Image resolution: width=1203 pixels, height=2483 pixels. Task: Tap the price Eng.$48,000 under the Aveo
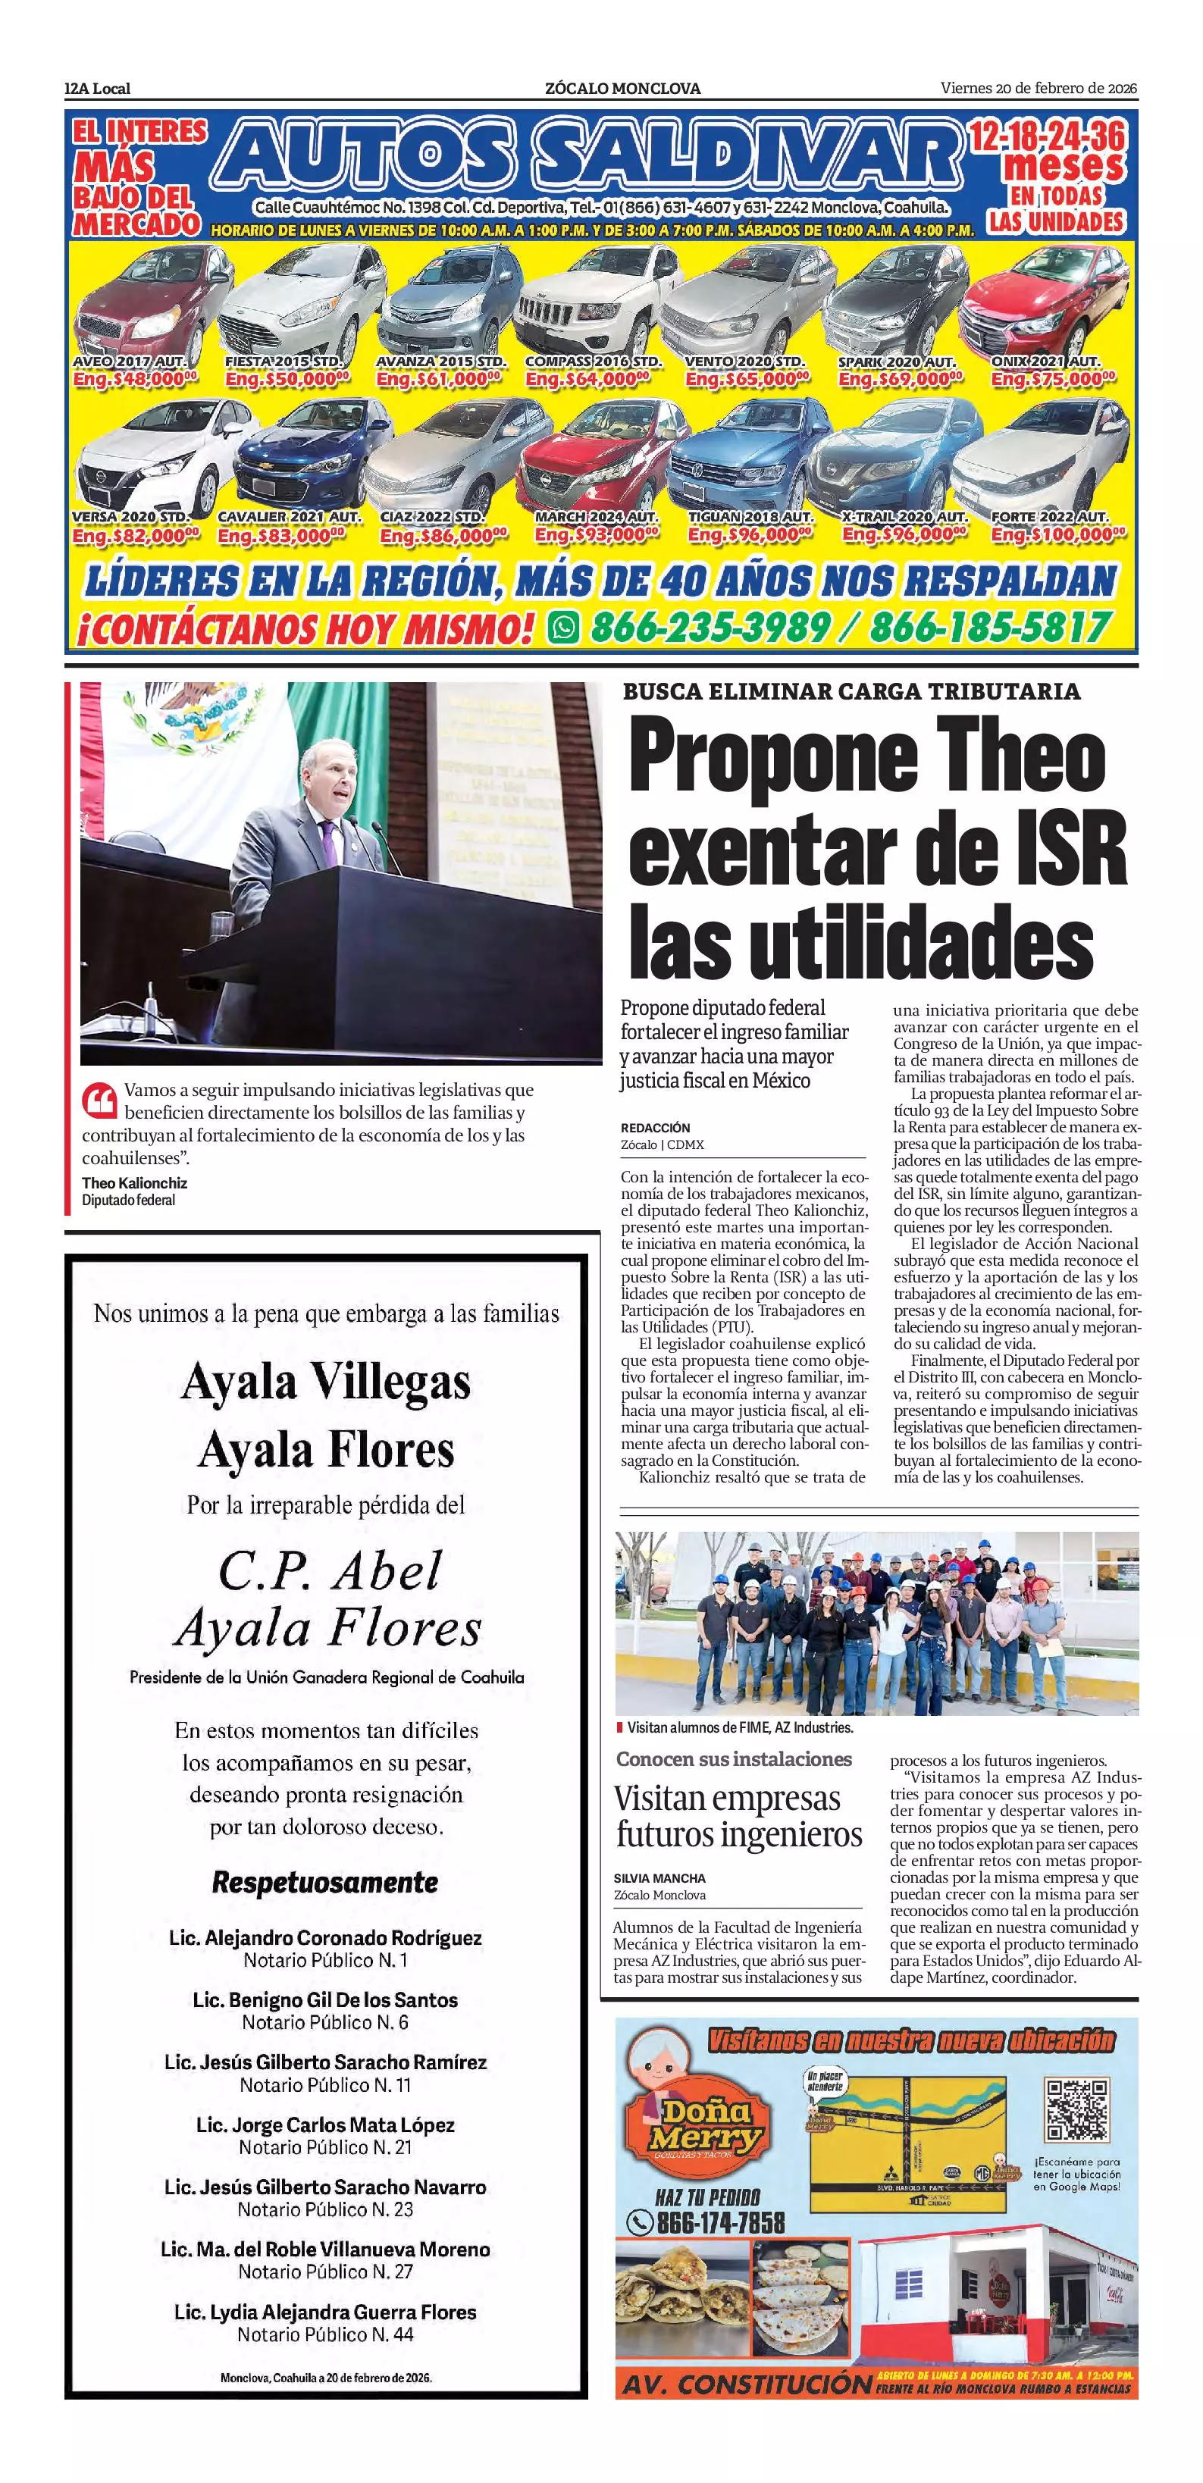coord(135,380)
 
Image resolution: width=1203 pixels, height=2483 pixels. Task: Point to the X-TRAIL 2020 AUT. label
coord(904,518)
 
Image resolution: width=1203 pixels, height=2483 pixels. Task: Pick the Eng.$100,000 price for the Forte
coord(1057,535)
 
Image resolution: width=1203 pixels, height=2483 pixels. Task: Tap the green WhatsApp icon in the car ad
coord(563,628)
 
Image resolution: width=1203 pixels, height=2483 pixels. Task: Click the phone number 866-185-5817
coord(990,628)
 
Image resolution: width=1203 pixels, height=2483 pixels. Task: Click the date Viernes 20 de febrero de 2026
coord(1039,89)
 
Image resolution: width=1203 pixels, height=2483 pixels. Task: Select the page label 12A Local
coord(97,89)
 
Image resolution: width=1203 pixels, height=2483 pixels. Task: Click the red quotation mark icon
coord(99,1099)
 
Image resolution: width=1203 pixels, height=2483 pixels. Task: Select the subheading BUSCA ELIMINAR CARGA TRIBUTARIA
coord(851,691)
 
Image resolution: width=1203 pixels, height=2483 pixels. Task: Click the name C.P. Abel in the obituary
coord(329,1572)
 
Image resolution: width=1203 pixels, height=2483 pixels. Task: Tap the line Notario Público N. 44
coord(326,2334)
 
